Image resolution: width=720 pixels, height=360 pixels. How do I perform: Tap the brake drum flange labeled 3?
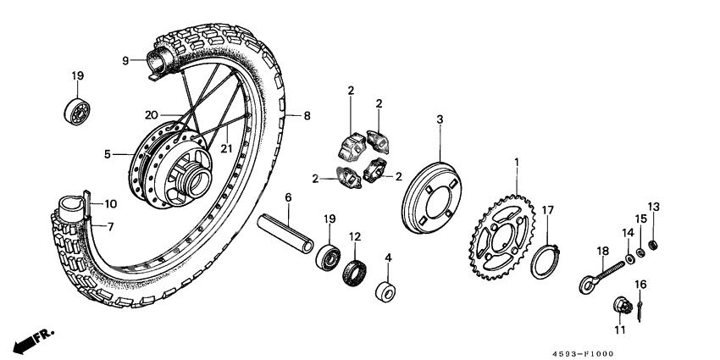pos(437,197)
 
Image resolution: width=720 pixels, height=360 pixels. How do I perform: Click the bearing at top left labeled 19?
pos(77,113)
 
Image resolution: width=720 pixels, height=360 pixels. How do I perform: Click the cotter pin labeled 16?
pos(643,305)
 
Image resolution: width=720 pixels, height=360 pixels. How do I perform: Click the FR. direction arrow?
pos(30,340)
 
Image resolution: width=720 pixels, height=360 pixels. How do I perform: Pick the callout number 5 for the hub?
pos(108,154)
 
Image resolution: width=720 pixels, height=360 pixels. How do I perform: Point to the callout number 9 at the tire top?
pos(125,60)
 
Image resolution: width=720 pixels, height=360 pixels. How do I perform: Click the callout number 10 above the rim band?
pos(109,204)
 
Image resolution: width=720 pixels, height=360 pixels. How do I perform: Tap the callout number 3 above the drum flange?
pos(440,120)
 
